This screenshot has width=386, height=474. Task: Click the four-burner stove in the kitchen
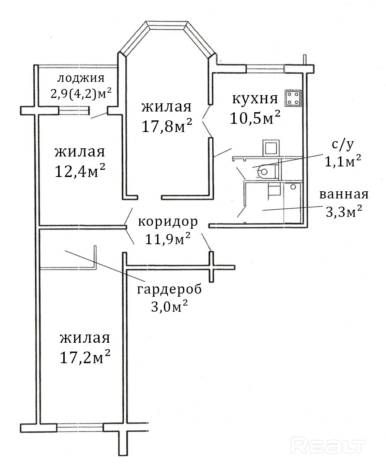click(293, 98)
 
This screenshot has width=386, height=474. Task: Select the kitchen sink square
click(271, 148)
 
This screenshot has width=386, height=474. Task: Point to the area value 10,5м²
click(255, 118)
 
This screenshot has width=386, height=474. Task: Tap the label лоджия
click(81, 78)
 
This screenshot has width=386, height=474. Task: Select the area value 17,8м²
click(167, 125)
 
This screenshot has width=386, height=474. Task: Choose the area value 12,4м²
click(80, 171)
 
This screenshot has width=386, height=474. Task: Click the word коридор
click(168, 222)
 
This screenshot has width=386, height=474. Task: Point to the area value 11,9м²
click(168, 239)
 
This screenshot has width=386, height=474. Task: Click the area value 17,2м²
click(85, 357)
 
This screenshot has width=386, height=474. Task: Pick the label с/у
click(343, 144)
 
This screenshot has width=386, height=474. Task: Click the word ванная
click(344, 194)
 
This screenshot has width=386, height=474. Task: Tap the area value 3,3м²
click(344, 211)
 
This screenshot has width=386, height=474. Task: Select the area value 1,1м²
click(343, 161)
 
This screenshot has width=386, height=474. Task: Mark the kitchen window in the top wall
click(265, 69)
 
